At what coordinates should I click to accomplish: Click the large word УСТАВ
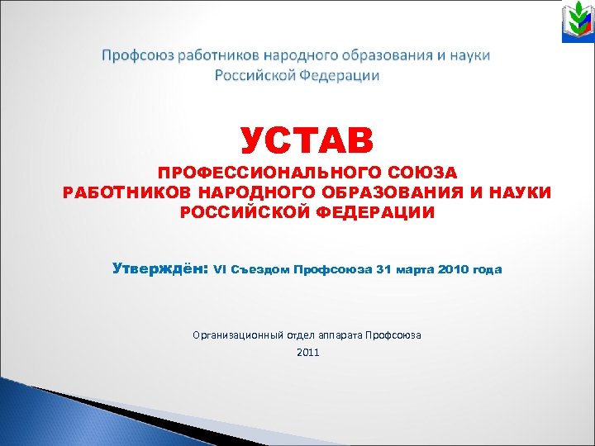(307, 140)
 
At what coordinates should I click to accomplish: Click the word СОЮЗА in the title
(428, 173)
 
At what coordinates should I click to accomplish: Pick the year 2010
(455, 270)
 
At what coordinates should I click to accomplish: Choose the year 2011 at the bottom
(307, 353)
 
